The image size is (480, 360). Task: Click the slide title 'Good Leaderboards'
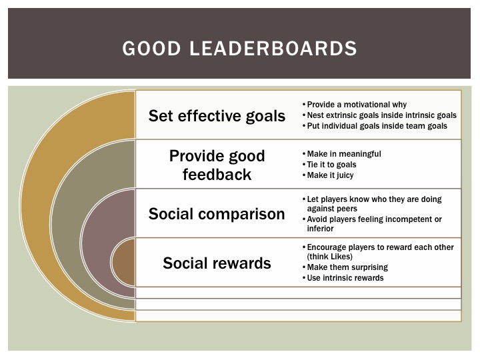[240, 49]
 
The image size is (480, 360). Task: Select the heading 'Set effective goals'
[217, 115]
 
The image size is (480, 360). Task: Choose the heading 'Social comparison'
[217, 214]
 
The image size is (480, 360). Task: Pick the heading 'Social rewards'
[217, 263]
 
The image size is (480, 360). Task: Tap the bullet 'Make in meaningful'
[344, 154]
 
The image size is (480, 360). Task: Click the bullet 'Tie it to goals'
[331, 165]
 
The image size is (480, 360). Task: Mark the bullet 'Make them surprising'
[347, 267]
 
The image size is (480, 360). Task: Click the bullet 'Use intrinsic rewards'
[345, 277]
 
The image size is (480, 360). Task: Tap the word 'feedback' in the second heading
[217, 175]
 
